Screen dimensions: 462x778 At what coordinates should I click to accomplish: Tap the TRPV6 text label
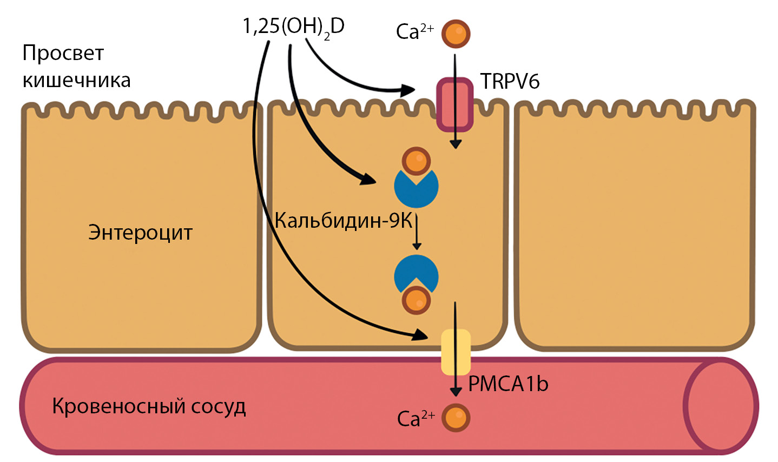click(x=510, y=82)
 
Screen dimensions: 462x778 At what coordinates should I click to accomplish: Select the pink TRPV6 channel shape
click(x=455, y=104)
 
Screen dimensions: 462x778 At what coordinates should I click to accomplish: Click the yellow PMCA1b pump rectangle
click(x=456, y=352)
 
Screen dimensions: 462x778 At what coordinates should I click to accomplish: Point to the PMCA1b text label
click(x=508, y=384)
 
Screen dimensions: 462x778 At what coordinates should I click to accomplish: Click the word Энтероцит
click(x=141, y=233)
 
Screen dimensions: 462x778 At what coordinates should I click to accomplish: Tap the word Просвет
click(x=63, y=53)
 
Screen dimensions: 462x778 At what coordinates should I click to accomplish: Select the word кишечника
click(x=76, y=81)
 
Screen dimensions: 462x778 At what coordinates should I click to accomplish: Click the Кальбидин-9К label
click(x=344, y=221)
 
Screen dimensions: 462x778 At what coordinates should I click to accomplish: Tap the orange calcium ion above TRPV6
click(x=456, y=34)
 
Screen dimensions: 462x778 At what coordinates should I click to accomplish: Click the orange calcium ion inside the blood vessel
click(x=456, y=418)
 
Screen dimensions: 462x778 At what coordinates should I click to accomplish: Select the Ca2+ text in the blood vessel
click(x=416, y=418)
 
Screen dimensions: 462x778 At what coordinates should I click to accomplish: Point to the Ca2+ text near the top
click(x=415, y=31)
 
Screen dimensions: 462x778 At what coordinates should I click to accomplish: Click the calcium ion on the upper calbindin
click(x=416, y=161)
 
